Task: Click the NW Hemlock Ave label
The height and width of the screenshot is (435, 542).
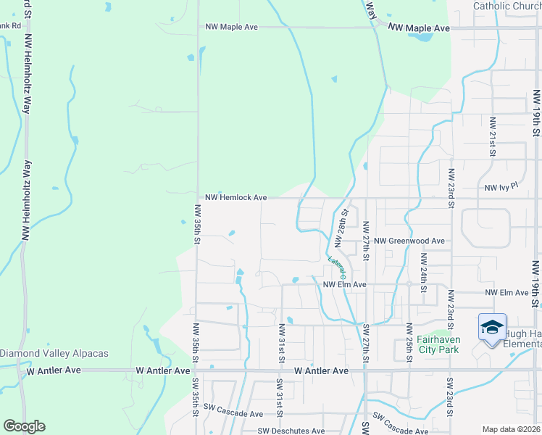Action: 236,197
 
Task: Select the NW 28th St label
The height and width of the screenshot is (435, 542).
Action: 341,226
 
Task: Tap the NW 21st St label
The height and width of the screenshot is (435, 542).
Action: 492,137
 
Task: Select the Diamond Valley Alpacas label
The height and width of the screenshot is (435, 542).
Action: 54,354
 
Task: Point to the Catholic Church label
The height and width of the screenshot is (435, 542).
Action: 506,7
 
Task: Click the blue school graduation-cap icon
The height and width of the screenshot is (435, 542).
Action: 492,328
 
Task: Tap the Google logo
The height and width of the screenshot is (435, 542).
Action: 24,426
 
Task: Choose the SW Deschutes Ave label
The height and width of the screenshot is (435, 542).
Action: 291,431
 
